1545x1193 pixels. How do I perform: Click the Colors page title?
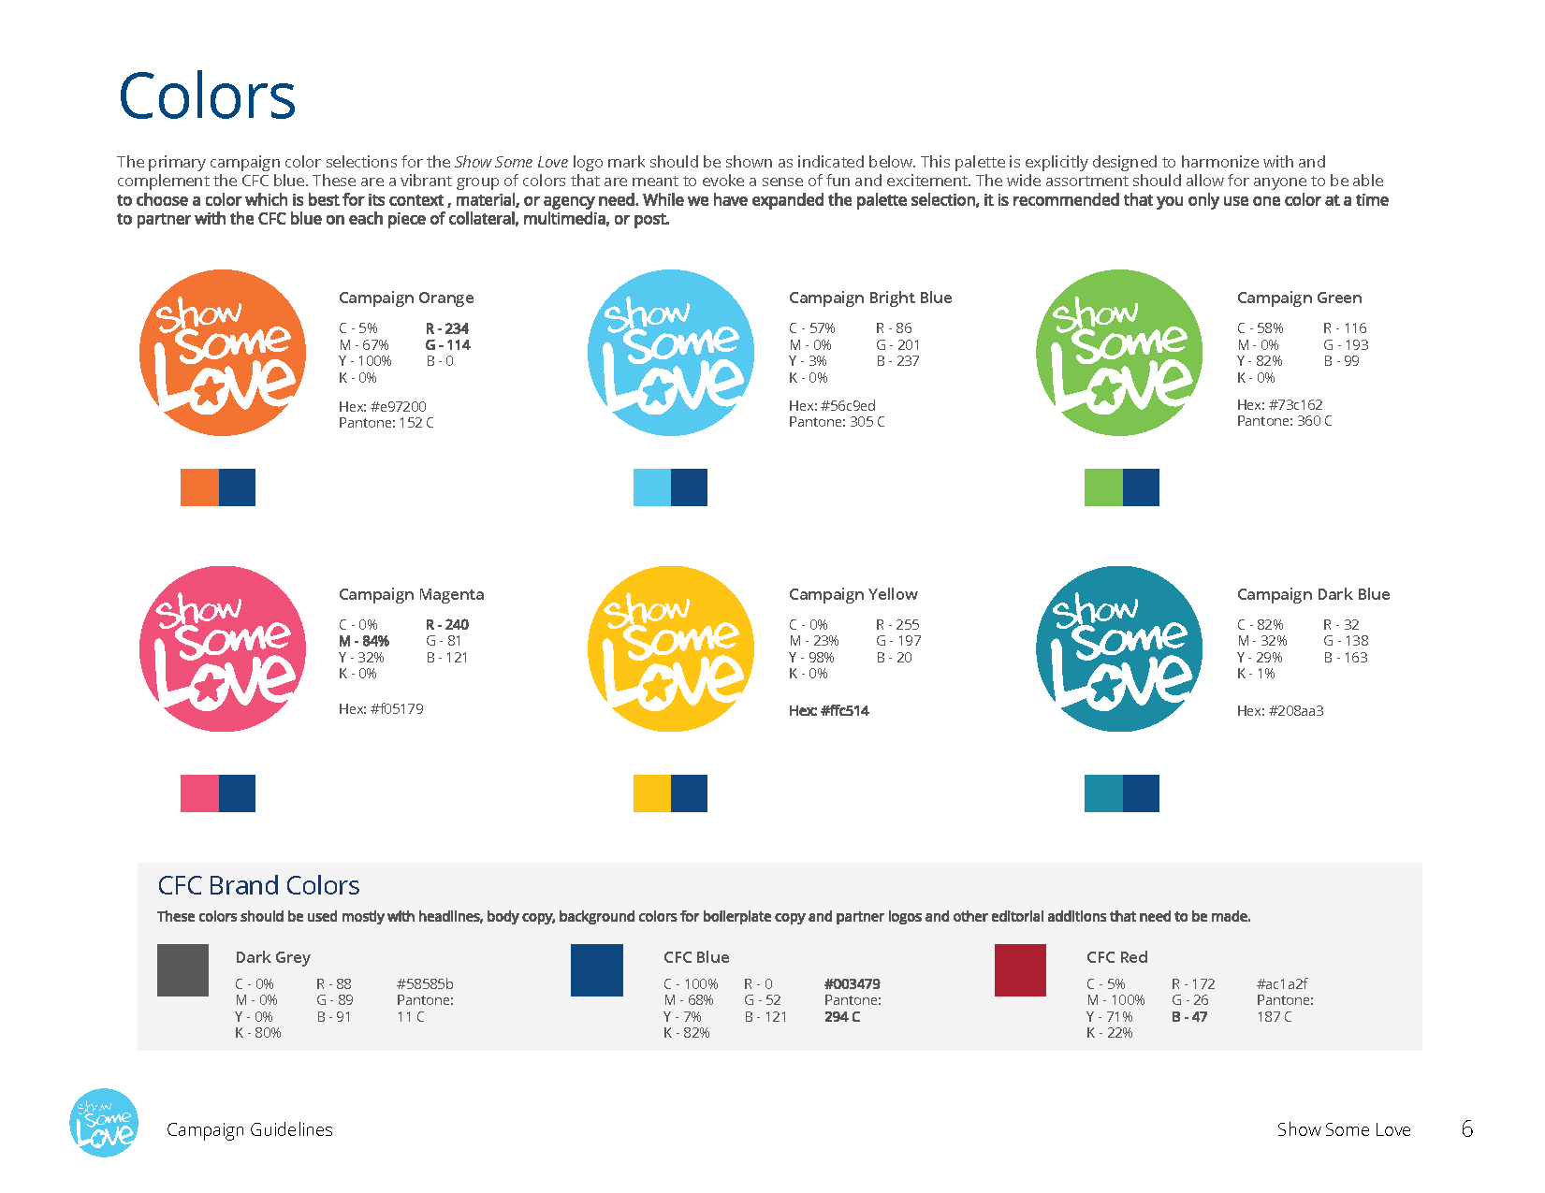207,96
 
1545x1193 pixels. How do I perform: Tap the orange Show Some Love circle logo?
223,353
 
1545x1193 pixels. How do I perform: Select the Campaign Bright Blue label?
869,298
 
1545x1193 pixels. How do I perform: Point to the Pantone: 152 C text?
386,423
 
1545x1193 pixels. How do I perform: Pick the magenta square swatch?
199,793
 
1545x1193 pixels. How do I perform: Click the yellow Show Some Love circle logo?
671,649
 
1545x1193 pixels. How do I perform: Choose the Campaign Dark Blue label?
1313,594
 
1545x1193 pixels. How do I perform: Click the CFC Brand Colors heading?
258,885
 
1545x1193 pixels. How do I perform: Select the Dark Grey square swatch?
182,970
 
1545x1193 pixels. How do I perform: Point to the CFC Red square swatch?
1020,970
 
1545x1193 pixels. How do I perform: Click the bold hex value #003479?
852,984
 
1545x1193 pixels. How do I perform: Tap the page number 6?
1466,1129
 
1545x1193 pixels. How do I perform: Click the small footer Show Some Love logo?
104,1123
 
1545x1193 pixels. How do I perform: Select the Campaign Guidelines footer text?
249,1130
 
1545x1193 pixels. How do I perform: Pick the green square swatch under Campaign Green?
1103,487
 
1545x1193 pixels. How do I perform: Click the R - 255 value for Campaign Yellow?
897,625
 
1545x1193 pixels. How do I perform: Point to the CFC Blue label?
695,957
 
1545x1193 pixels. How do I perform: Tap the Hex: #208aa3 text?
1279,711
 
